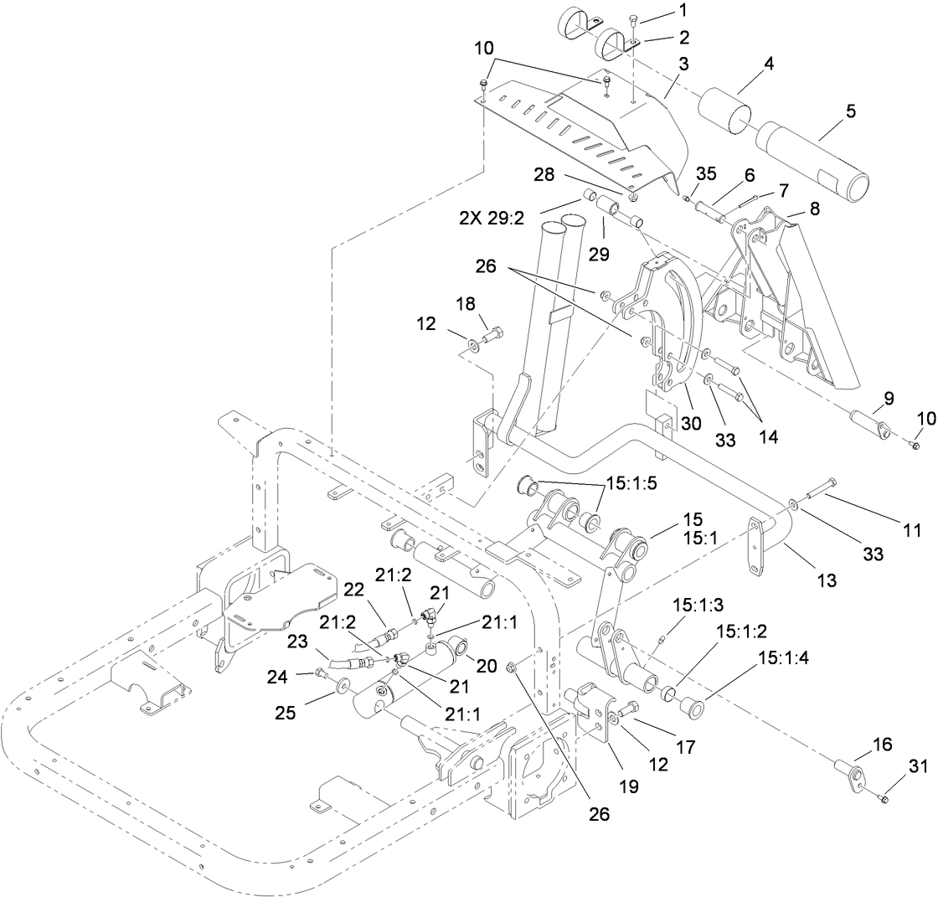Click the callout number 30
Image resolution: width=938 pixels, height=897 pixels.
(691, 424)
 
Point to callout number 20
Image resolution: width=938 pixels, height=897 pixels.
(487, 666)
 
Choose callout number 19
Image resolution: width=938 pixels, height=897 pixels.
(628, 786)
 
